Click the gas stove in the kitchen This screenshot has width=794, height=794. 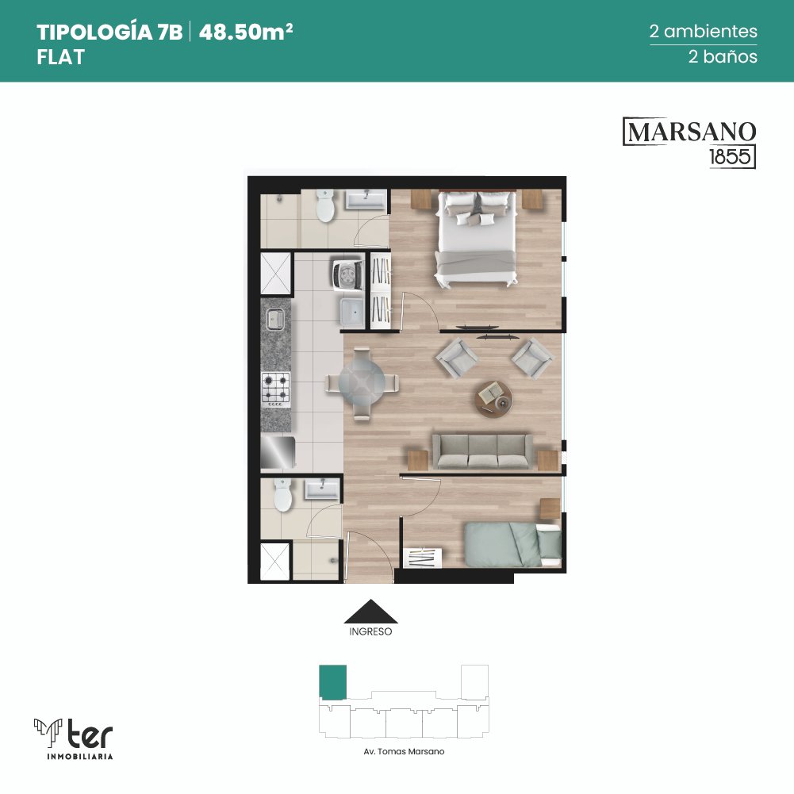(276, 389)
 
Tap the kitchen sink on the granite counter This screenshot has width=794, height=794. (275, 319)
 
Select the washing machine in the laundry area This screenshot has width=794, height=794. (348, 274)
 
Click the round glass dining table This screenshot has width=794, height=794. (362, 383)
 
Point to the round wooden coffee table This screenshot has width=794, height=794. (493, 399)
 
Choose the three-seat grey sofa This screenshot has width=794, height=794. (482, 451)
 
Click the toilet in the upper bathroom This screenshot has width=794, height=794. (325, 205)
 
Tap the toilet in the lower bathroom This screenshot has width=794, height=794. (282, 495)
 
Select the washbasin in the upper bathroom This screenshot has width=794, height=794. (366, 199)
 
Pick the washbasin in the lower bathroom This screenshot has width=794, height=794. (322, 489)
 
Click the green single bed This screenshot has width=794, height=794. (512, 545)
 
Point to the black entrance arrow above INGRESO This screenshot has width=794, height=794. (370, 612)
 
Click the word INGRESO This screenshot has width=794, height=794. (370, 632)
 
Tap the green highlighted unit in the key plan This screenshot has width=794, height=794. (332, 682)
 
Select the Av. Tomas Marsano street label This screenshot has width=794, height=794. (404, 751)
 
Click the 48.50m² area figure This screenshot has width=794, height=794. (246, 32)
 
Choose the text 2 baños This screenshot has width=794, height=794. (723, 56)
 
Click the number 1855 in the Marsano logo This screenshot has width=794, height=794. (731, 157)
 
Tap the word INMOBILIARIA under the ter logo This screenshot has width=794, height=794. (79, 757)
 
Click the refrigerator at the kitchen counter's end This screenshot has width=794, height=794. (278, 452)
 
